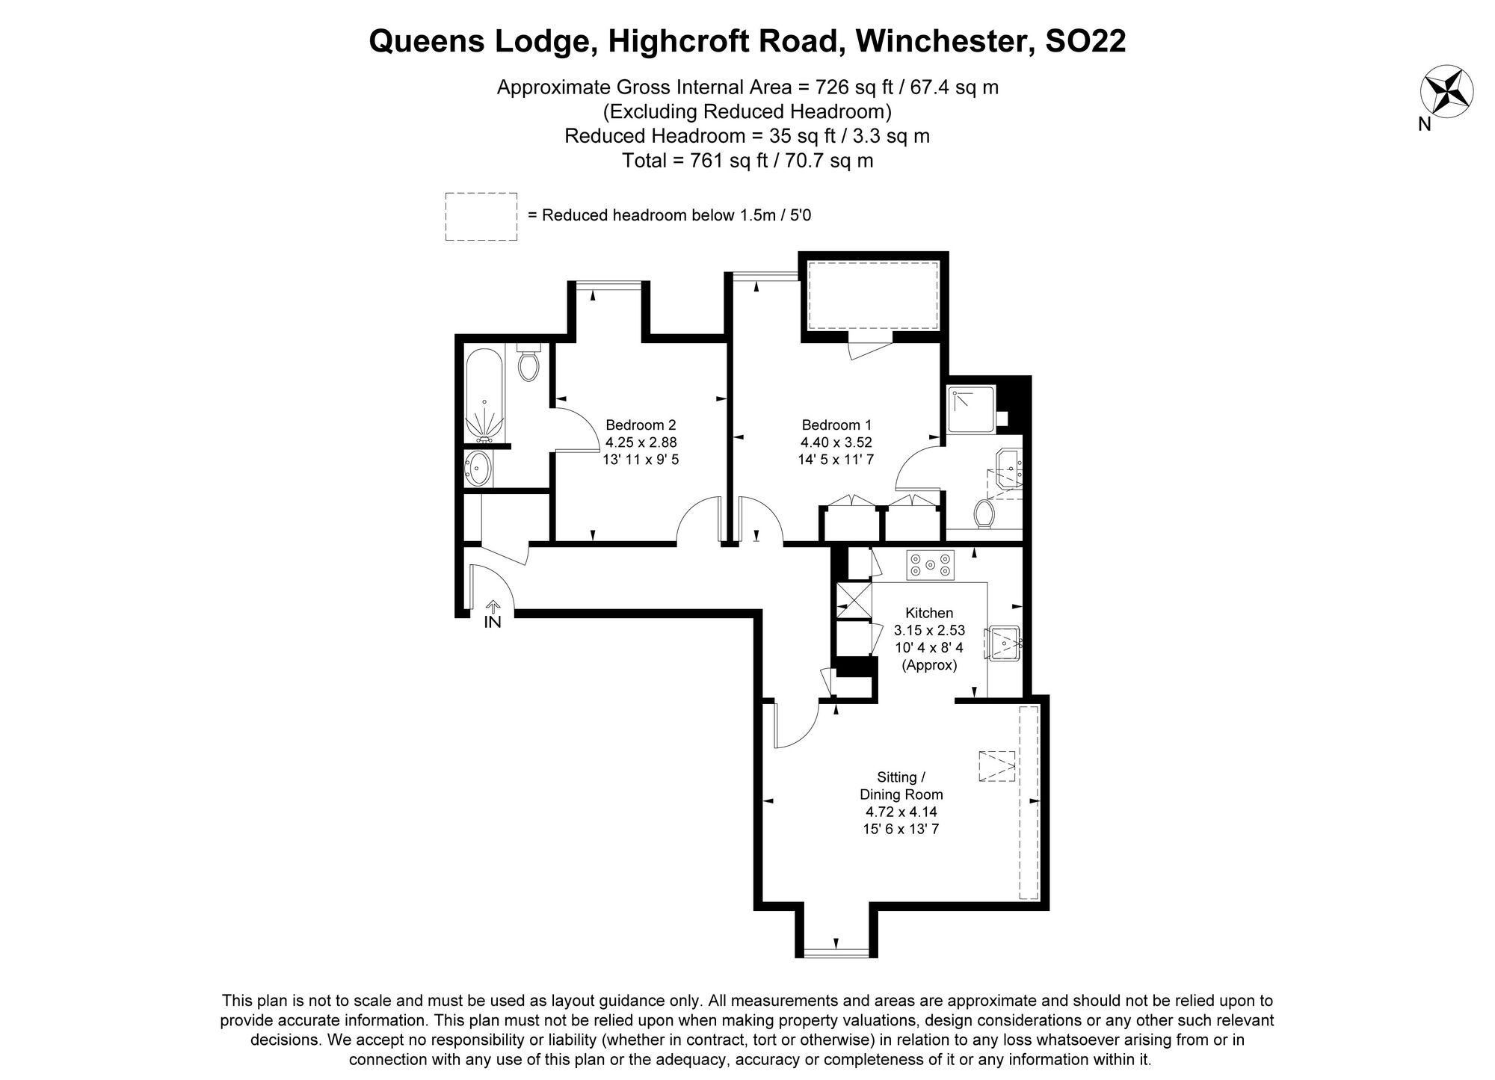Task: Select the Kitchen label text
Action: (929, 613)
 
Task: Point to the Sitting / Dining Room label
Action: (901, 786)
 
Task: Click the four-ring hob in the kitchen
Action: (930, 565)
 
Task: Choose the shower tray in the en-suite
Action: (972, 409)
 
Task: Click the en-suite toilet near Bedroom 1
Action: (984, 513)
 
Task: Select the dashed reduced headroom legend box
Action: (481, 216)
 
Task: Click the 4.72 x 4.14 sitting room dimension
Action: (901, 812)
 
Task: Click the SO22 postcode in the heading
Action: (1085, 41)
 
